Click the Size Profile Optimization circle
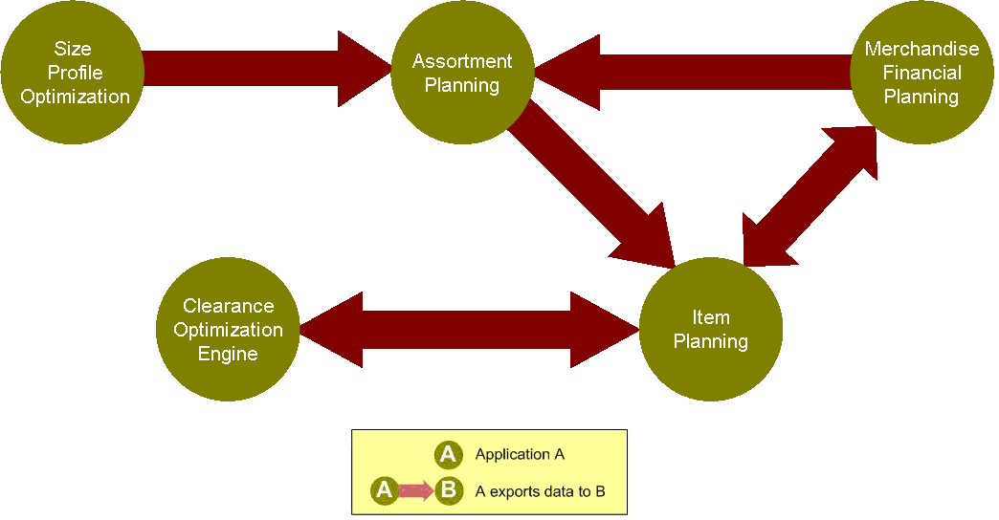tap(73, 73)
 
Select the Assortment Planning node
tap(462, 73)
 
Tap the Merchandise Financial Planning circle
tap(921, 73)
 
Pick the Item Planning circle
tap(711, 330)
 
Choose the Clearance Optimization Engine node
tap(228, 330)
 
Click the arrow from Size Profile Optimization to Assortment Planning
tap(268, 69)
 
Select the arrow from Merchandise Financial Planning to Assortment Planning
tap(693, 73)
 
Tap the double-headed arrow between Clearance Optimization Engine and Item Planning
tap(469, 330)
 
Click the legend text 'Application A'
tap(520, 454)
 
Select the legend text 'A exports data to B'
tap(540, 491)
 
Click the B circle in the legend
tap(447, 491)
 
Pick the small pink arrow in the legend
tap(415, 491)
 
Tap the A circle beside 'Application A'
tap(447, 454)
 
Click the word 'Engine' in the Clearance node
tap(228, 354)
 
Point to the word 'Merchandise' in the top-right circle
tap(921, 50)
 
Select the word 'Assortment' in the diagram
tap(462, 61)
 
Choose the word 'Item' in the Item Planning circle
tap(711, 317)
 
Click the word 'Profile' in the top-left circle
tap(75, 73)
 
